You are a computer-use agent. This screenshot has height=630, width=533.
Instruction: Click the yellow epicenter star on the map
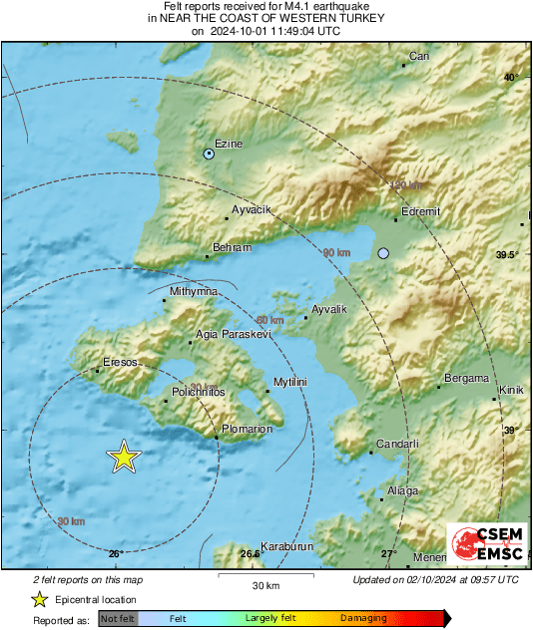click(x=123, y=457)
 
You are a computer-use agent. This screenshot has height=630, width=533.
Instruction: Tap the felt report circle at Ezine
click(x=209, y=155)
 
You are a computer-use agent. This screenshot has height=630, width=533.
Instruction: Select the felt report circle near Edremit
click(x=383, y=254)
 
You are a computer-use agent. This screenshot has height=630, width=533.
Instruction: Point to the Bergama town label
click(x=467, y=379)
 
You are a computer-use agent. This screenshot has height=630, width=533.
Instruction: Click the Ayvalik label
click(x=329, y=310)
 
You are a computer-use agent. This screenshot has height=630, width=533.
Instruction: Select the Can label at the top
click(x=419, y=56)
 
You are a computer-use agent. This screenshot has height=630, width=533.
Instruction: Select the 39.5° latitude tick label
click(x=507, y=255)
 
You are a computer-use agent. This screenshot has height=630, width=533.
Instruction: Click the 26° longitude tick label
click(x=115, y=553)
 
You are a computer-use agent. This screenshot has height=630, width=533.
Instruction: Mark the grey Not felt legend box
click(x=118, y=618)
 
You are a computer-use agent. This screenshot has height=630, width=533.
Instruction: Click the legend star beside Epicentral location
click(x=39, y=599)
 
